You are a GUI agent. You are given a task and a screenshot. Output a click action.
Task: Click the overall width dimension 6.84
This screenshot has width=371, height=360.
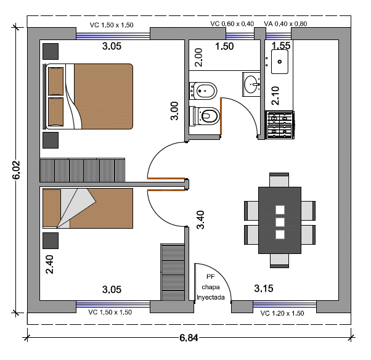(x=189, y=338)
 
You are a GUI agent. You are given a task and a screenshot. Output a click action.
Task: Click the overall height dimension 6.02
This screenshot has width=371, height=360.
(x=16, y=170)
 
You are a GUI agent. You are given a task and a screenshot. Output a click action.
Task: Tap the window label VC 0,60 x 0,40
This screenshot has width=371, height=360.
(x=232, y=23)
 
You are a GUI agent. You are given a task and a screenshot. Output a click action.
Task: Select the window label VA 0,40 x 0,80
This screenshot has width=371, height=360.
(x=285, y=23)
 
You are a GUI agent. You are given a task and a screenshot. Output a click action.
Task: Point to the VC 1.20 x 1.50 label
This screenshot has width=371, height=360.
(x=282, y=313)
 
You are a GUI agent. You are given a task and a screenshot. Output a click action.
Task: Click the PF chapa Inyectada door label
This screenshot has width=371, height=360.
(x=211, y=287)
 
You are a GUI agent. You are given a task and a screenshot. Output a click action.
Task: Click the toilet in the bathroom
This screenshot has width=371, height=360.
(x=205, y=115)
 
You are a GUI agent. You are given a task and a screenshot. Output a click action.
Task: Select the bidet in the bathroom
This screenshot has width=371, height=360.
(x=203, y=91)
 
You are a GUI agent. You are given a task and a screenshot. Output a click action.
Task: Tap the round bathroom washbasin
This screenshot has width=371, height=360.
(x=252, y=84)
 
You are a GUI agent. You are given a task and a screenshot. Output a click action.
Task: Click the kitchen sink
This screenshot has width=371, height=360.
(x=279, y=62)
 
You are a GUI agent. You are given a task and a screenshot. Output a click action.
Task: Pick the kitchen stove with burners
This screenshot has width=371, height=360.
(x=280, y=125)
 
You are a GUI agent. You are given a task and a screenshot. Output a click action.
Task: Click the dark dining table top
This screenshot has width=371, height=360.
(x=280, y=220)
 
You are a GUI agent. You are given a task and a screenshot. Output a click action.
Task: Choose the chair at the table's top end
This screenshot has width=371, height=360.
(x=279, y=180)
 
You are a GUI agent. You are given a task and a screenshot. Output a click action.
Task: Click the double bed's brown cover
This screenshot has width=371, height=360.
(x=104, y=96)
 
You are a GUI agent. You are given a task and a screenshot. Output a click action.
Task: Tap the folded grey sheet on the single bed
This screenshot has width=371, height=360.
(x=77, y=208)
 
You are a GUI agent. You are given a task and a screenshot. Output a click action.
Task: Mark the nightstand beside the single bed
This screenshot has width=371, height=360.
(x=51, y=240)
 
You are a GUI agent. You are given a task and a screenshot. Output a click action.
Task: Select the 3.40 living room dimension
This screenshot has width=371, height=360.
(x=200, y=219)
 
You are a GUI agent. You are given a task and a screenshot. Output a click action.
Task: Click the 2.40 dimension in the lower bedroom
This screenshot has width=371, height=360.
(x=49, y=264)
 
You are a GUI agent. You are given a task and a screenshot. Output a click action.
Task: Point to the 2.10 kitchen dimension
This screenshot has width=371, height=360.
(x=275, y=96)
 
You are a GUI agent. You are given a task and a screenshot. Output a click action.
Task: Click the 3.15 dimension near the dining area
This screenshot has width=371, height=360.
(x=264, y=288)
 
